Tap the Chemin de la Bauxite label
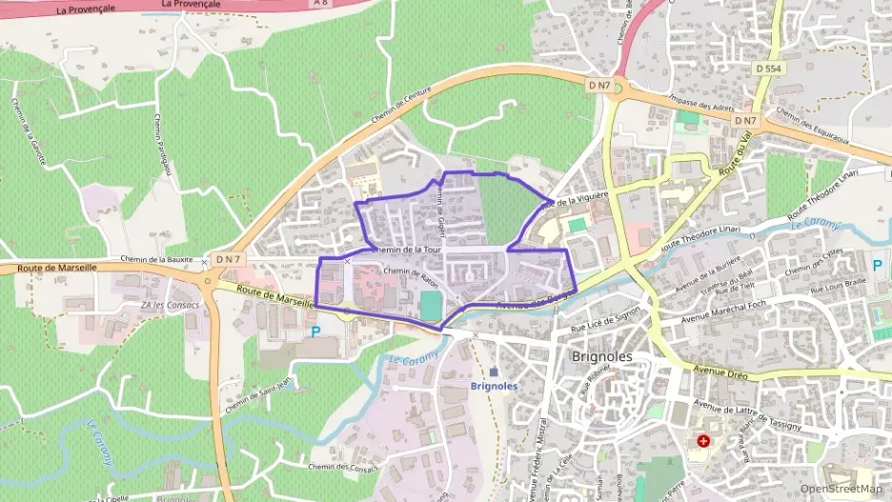tap(163, 259)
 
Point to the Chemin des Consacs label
tap(344, 468)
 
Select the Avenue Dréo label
tap(722, 371)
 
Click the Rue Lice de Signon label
tap(605, 317)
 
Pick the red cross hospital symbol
tap(703, 441)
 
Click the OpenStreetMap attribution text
tap(841, 489)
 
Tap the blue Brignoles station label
tap(494, 386)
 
